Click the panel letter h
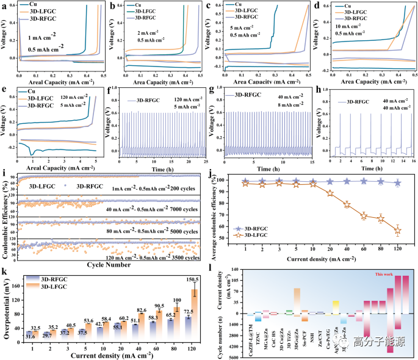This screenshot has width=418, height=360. (319, 92)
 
